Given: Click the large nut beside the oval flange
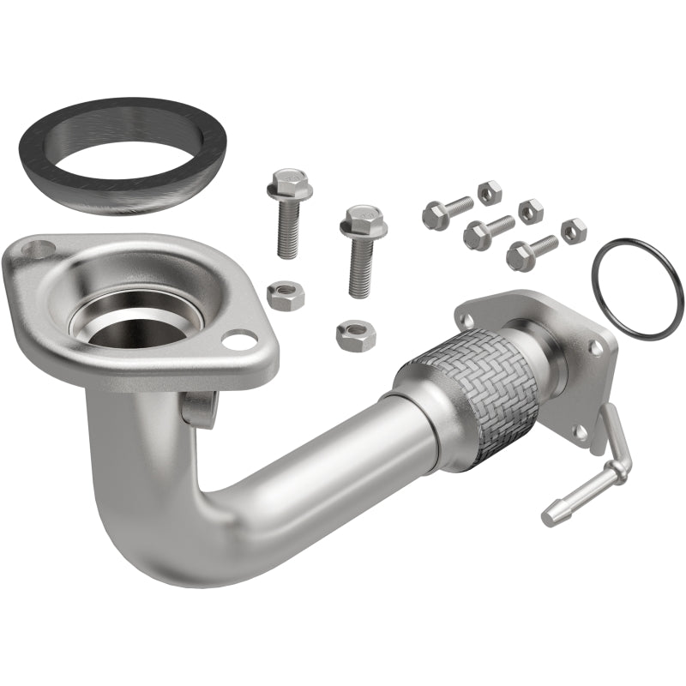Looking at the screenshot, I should click(x=285, y=296).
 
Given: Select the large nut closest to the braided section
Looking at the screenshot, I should click(x=356, y=334).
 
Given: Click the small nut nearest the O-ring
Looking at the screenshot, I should click(x=573, y=231).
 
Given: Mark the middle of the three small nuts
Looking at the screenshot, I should click(x=531, y=210).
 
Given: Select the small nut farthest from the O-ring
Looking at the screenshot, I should click(x=489, y=192).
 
